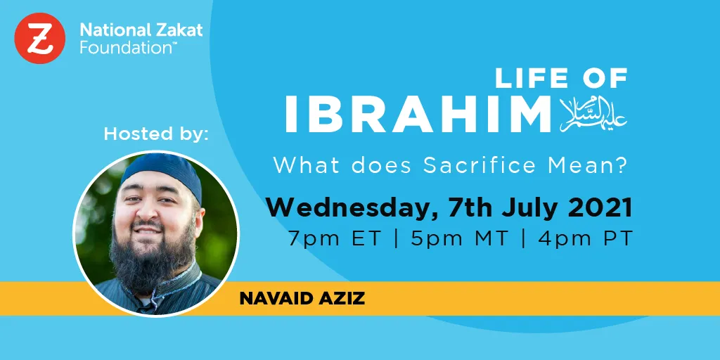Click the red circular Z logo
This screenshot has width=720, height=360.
pyautogui.click(x=40, y=39)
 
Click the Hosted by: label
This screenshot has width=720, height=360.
pyautogui.click(x=156, y=134)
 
